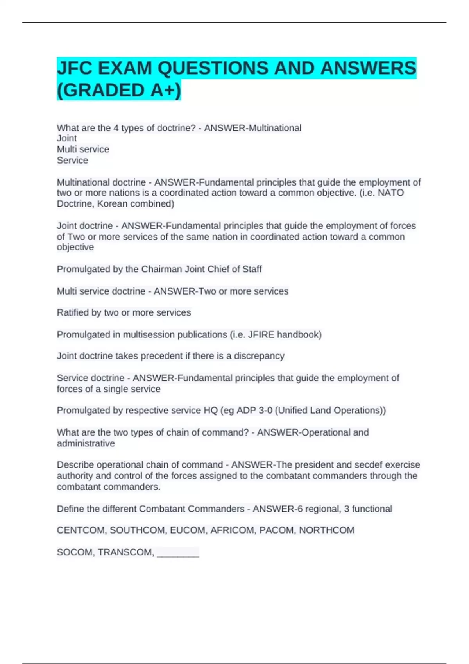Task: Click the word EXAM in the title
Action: tap(125, 68)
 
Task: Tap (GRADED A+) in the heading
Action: tap(119, 90)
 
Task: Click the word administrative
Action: tap(86, 443)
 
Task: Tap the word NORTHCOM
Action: tap(327, 530)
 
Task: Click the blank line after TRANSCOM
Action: tap(178, 553)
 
